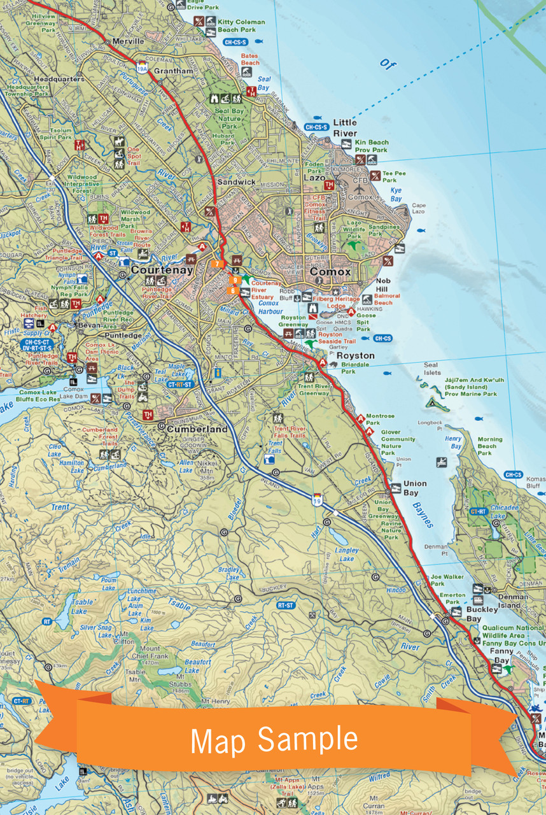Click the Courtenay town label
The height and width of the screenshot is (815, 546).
(162, 270)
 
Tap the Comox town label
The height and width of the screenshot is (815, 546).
(330, 272)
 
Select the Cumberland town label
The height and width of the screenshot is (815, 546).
(197, 430)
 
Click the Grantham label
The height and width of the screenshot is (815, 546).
(173, 71)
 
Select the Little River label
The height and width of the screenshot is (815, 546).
(345, 128)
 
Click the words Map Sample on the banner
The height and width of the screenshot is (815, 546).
(274, 739)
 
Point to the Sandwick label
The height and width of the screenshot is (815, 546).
(236, 182)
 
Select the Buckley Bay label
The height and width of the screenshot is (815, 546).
(482, 614)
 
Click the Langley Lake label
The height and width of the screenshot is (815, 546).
(347, 555)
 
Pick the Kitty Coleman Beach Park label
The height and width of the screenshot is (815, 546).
(241, 25)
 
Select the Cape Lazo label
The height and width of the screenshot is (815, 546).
(418, 209)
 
